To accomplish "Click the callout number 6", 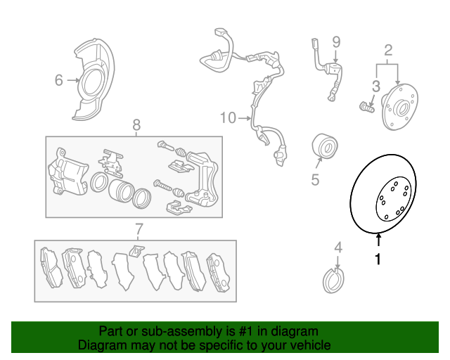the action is pos(58,80).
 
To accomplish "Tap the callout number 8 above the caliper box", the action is pos(136,125).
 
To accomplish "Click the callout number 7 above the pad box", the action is pos(139,229).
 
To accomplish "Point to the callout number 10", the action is pos(228,118).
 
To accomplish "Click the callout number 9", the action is pos(336,42).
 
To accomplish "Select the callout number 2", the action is pos(388,50).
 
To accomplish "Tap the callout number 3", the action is pos(376,86).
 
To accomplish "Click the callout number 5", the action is pos(315,180).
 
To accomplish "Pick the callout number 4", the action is pos(338,247).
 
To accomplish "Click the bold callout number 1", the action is pos(378,259).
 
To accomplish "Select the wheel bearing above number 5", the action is pos(325,146).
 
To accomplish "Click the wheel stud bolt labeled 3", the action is pos(366,107).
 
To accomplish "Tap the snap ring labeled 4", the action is pos(333,281).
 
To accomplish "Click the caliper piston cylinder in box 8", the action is pos(121,191).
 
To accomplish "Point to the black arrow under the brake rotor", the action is pos(378,240).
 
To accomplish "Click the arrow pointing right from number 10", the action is pos(245,118).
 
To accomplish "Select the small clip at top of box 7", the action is pos(136,251).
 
